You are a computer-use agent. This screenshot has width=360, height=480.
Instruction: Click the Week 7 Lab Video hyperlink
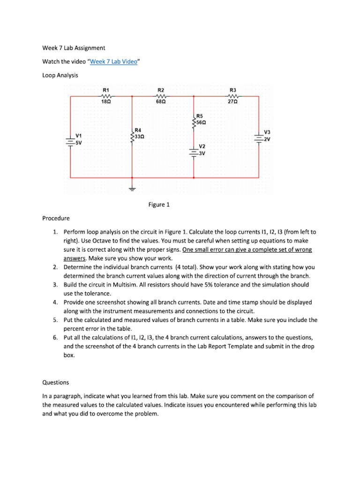click(x=114, y=61)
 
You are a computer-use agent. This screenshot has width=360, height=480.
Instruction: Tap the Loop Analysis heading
click(x=60, y=75)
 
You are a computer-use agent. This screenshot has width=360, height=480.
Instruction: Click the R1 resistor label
click(x=106, y=90)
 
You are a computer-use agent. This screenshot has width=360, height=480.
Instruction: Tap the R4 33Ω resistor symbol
click(x=132, y=136)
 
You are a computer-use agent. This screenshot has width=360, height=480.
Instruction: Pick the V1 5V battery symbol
click(x=70, y=141)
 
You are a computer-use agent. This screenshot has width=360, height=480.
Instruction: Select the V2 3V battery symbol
click(x=194, y=152)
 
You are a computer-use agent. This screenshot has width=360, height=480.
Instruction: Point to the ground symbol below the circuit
click(x=132, y=190)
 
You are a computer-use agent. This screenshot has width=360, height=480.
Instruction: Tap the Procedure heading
click(x=56, y=218)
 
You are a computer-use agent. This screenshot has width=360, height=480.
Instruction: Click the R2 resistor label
click(x=160, y=90)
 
